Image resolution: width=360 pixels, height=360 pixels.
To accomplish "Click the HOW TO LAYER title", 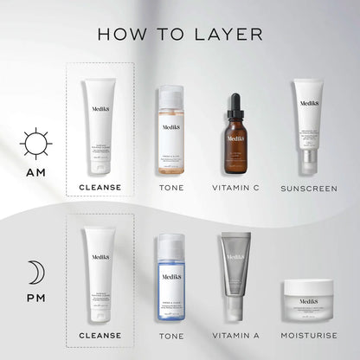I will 180,34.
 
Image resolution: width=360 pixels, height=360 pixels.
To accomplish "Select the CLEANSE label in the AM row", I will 100,187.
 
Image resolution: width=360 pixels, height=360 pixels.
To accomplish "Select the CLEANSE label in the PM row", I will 100,335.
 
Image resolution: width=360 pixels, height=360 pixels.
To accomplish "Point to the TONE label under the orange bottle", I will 171,187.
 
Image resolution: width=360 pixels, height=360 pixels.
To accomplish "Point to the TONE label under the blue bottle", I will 171,335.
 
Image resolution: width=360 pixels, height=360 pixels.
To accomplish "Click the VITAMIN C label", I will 237,187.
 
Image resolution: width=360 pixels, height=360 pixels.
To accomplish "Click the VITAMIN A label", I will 237,335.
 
